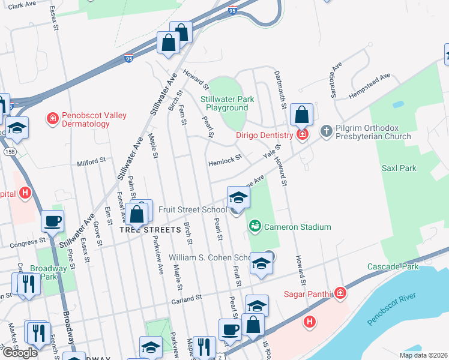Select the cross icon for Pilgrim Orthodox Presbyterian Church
click(327, 130)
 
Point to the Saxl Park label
click(399, 168)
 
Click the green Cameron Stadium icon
click(255, 227)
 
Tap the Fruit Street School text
click(192, 209)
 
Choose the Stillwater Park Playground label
click(227, 103)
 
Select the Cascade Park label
click(393, 266)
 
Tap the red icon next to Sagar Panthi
click(340, 293)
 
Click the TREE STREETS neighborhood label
click(150, 230)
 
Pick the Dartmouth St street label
click(280, 87)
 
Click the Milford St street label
click(91, 161)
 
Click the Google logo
click(20, 353)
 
